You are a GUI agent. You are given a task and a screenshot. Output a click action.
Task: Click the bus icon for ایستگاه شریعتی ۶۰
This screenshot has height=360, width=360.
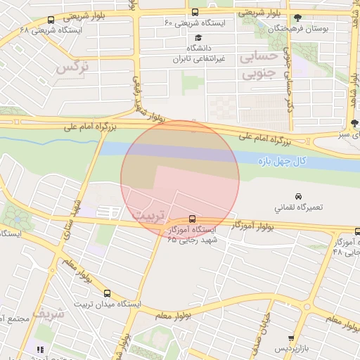[195, 11]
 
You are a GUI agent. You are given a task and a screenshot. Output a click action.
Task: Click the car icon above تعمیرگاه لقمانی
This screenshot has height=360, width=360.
[298, 196]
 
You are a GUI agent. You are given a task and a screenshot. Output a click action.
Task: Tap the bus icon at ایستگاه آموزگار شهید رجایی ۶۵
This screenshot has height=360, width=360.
[193, 218]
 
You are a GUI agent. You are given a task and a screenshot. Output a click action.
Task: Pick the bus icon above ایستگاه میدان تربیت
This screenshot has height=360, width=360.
[108, 292]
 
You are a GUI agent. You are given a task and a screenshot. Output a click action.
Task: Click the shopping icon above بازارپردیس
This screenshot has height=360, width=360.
[291, 337]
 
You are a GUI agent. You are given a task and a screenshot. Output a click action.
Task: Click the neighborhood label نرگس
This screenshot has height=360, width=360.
[73, 69]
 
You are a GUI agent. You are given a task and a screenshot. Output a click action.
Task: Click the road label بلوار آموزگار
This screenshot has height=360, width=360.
[250, 226]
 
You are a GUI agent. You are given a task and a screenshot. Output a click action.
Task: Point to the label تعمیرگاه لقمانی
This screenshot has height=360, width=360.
[299, 208]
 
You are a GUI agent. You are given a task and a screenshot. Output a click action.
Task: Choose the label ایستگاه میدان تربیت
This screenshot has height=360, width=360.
[108, 304]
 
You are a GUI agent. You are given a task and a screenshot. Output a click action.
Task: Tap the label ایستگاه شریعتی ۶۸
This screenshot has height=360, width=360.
[51, 30]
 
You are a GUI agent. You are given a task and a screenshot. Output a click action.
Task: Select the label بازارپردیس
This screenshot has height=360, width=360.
[291, 348]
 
